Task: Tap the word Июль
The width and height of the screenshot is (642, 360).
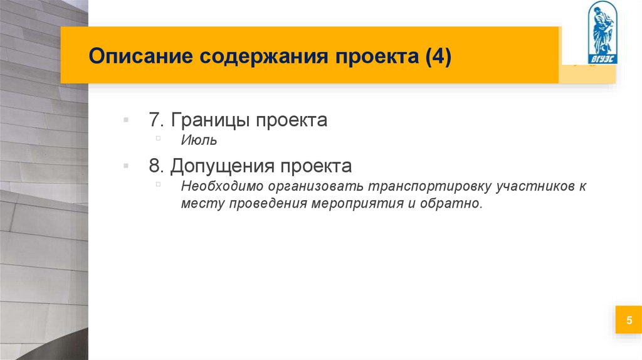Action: point(199,141)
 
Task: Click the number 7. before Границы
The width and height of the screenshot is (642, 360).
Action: point(157,120)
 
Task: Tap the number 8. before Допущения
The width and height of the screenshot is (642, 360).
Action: point(157,166)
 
